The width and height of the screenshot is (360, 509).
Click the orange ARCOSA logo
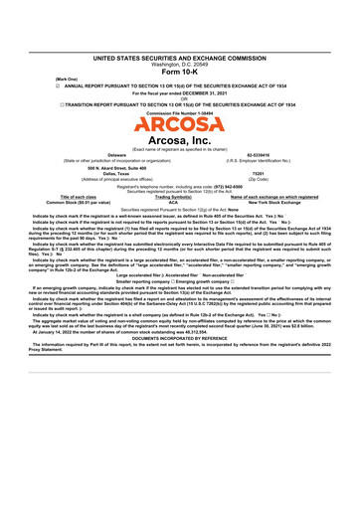179,127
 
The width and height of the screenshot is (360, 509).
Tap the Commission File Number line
179,114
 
